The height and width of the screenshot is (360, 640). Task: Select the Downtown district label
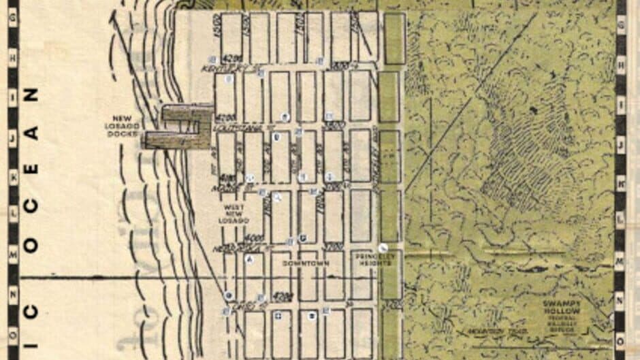[302, 263]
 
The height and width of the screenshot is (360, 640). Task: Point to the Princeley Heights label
[372, 259]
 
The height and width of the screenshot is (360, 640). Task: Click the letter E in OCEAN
[31, 167]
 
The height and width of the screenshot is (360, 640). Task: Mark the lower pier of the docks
[170, 140]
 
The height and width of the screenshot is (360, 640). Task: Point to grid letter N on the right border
[620, 297]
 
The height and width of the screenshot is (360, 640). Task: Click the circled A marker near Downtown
[250, 259]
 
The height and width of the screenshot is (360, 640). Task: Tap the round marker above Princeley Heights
[384, 248]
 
